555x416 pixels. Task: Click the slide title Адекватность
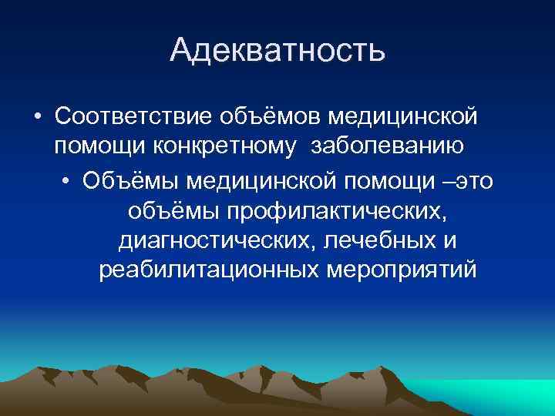click(x=277, y=50)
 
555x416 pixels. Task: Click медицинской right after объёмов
click(x=402, y=116)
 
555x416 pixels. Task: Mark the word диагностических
click(x=216, y=240)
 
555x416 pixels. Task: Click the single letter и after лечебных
click(x=450, y=241)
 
